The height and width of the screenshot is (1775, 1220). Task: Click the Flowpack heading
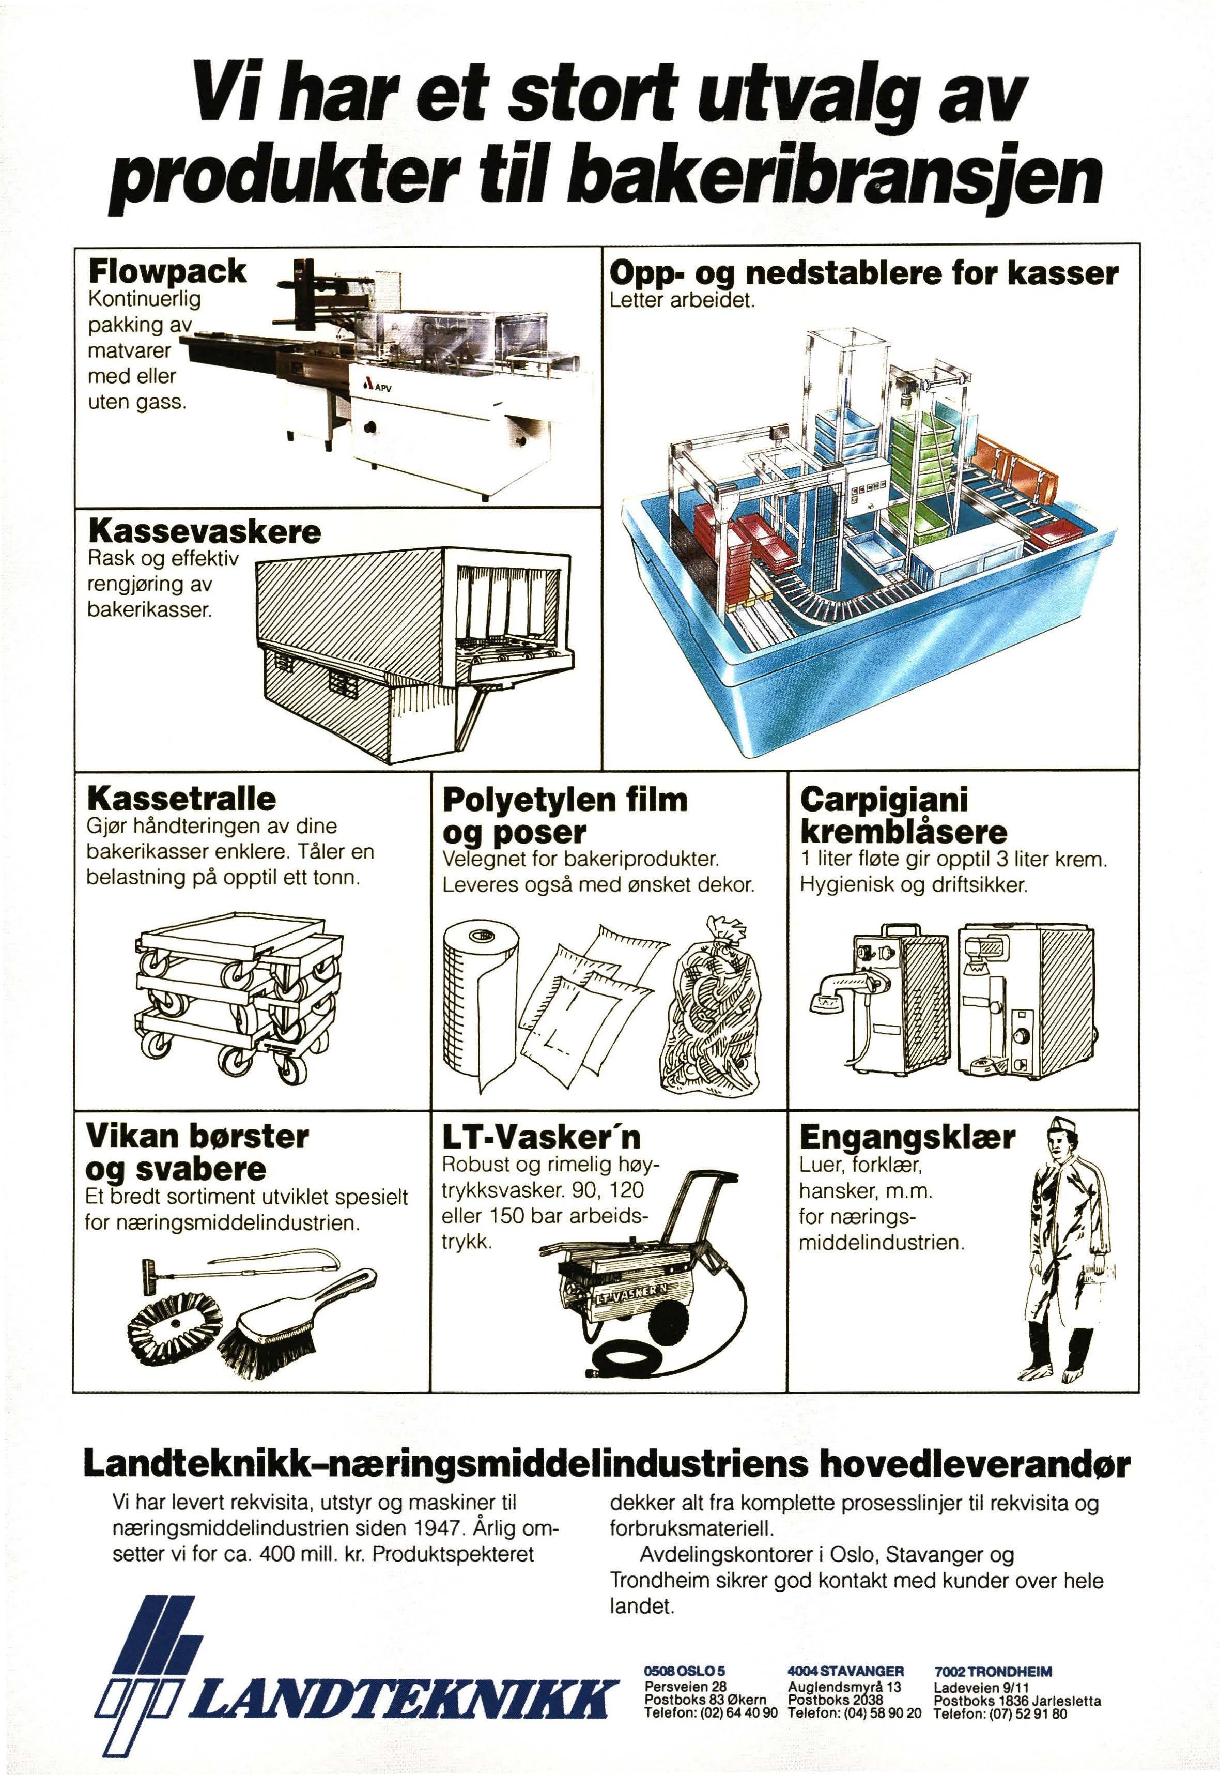(x=167, y=271)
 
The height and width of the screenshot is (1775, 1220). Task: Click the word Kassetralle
(x=182, y=798)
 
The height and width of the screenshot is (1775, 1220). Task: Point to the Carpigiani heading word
(x=884, y=800)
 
